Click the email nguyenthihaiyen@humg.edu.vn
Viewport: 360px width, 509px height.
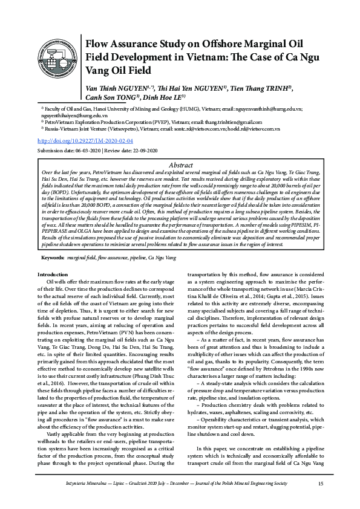(70, 114)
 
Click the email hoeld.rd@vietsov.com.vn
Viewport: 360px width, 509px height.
(254, 128)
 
